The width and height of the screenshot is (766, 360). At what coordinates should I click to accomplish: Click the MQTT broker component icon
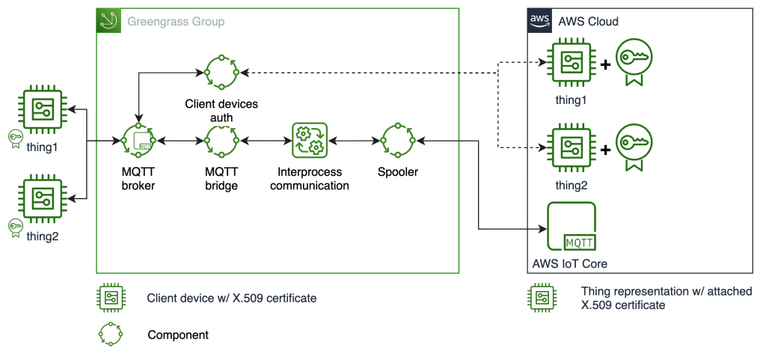pos(138,140)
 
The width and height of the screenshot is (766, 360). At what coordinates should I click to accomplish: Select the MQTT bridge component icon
pos(221,140)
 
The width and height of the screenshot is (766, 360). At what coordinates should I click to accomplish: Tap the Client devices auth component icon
pos(221,73)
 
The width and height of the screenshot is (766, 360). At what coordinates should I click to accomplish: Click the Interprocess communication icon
pos(309,140)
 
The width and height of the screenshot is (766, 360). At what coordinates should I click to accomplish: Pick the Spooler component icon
pos(397,140)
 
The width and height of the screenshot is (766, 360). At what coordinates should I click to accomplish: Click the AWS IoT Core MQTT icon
pos(572,228)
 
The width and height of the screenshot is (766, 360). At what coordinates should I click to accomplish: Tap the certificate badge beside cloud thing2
pos(631,144)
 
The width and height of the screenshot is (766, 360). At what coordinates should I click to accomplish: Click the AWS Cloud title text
pos(588,22)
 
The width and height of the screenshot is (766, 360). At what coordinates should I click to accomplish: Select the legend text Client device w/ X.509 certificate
pos(232,299)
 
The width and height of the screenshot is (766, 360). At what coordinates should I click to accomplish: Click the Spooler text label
pos(397,173)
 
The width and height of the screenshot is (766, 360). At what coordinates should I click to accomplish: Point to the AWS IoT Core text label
pos(569,263)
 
